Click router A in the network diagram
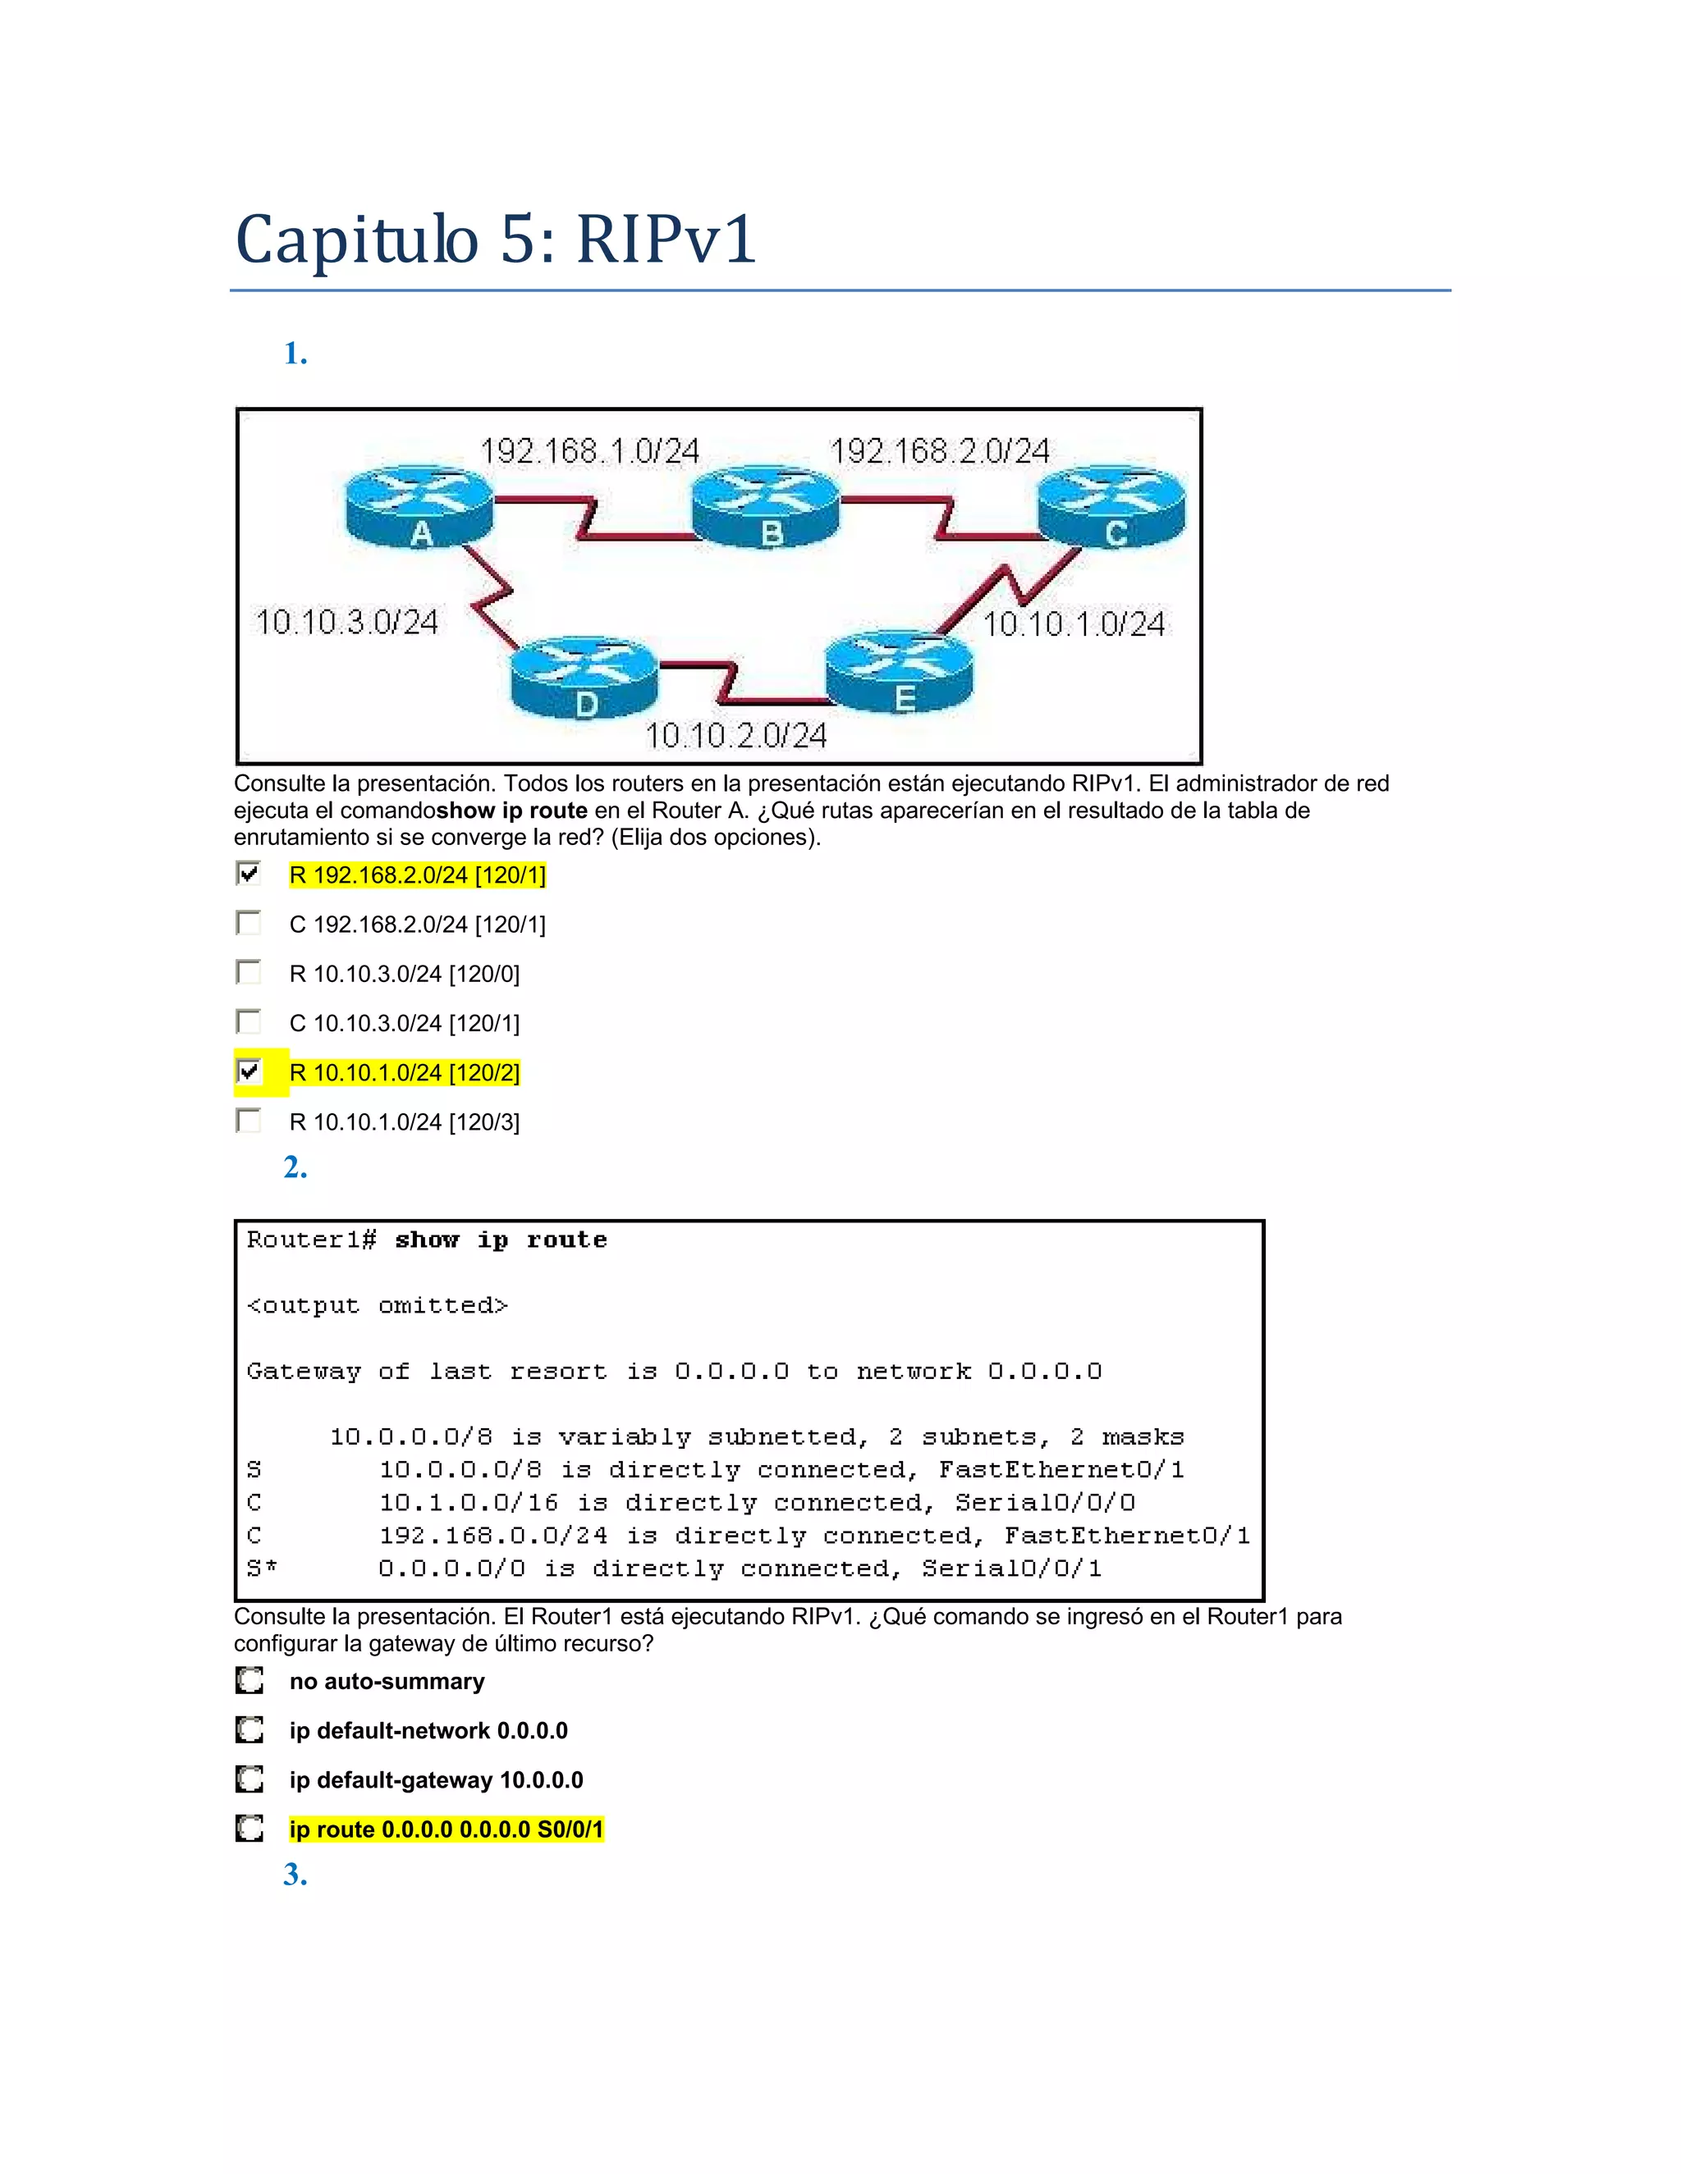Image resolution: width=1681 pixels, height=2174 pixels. (419, 507)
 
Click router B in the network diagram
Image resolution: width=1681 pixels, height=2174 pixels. (766, 508)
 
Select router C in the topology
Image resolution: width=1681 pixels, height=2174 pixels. (1111, 508)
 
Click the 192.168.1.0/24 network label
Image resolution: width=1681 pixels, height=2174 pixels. (589, 452)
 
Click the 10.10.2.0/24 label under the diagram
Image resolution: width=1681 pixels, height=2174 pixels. (736, 736)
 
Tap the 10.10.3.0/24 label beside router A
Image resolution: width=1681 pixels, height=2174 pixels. (346, 622)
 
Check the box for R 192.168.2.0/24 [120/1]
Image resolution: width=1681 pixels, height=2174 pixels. (248, 874)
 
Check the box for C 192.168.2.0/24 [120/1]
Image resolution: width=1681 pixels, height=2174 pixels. (248, 924)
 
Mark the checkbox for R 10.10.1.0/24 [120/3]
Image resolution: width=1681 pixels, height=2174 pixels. (248, 1121)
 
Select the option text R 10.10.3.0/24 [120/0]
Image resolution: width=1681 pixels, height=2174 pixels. (405, 974)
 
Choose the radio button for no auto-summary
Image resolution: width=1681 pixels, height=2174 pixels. (249, 1680)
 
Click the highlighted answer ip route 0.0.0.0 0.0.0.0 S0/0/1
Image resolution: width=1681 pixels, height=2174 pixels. (447, 1829)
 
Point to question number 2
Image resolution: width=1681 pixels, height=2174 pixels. (295, 1167)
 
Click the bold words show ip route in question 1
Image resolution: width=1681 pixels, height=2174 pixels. (512, 811)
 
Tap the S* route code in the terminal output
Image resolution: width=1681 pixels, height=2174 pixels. (262, 1569)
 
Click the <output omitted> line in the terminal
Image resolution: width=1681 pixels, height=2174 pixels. (378, 1305)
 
